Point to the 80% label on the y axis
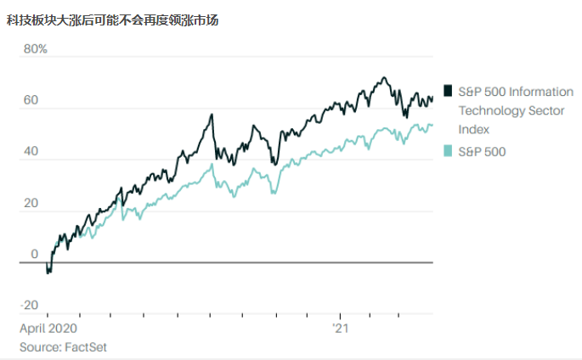35,49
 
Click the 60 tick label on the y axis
30,100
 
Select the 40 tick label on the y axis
30,152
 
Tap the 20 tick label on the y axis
30,203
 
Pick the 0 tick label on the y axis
34,254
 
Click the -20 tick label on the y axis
30,305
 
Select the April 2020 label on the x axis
48,328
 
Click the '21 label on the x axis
340,328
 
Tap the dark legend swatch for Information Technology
448,90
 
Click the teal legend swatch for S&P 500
448,151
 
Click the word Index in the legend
473,129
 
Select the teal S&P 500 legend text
482,151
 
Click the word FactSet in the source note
86,346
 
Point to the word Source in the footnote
39,346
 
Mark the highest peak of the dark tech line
384,78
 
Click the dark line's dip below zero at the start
48,272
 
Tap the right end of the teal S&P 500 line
432,126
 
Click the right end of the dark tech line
432,98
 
